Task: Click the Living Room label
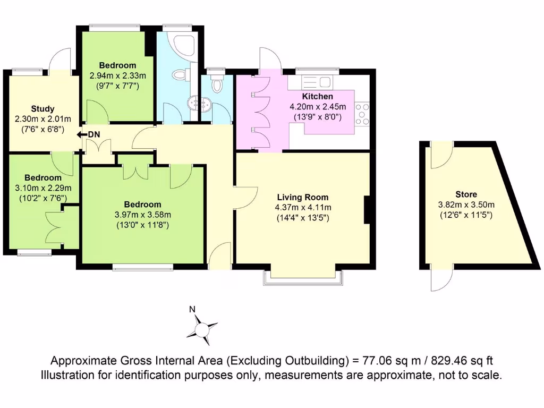tap(302, 197)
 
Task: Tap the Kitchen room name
tap(318, 97)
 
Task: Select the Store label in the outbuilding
tap(465, 194)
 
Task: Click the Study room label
tap(42, 109)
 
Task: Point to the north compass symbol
tap(201, 329)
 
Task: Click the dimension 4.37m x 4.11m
tap(302, 207)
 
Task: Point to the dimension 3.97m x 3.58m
tap(142, 215)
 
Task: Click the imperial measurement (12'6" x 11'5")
tap(465, 215)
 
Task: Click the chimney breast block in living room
tap(366, 210)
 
